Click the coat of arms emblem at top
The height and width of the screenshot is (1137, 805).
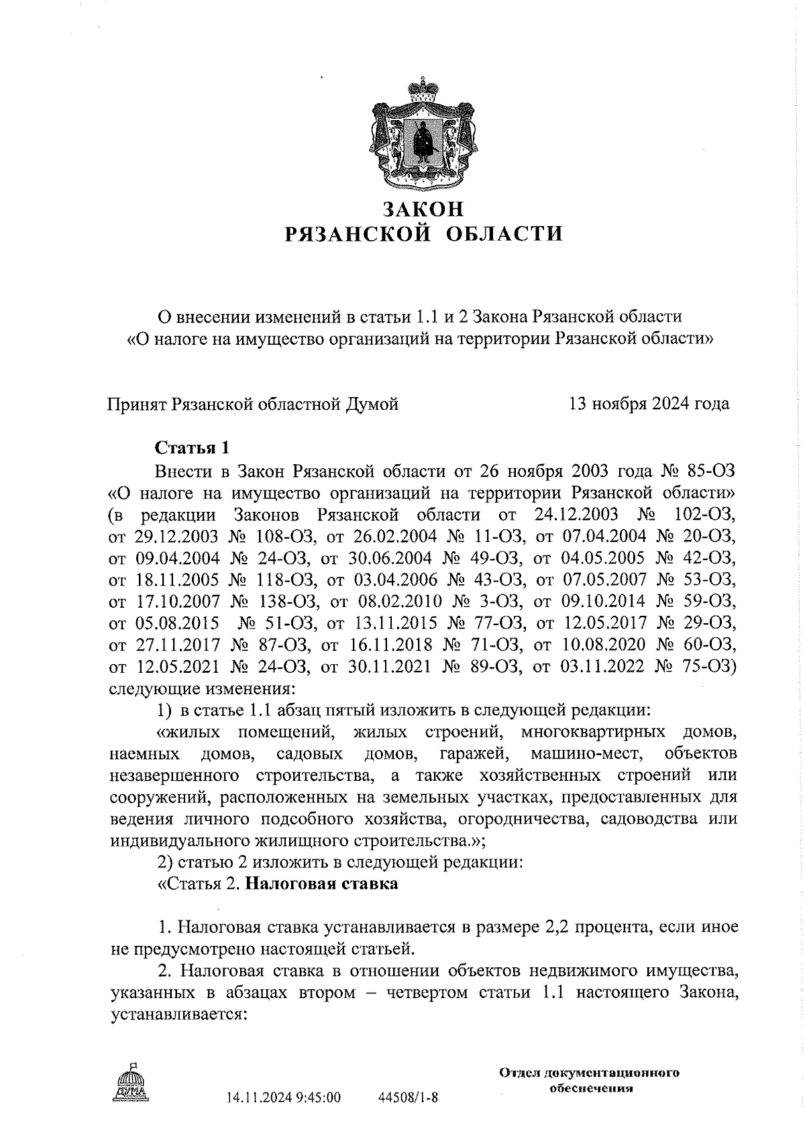point(422,134)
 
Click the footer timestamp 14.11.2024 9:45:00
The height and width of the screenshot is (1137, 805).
point(284,1097)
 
